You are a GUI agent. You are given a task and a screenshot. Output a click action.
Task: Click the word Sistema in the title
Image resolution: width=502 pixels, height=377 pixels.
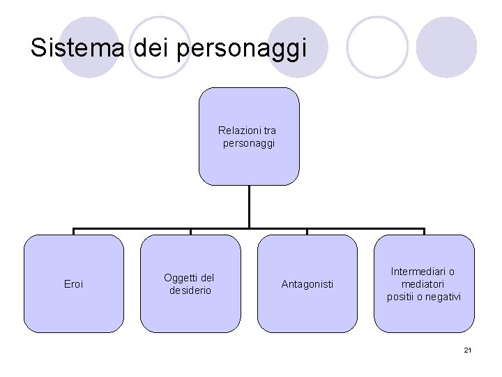coord(68,47)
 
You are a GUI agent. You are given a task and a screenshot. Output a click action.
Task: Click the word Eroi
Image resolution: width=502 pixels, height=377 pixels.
coord(73,284)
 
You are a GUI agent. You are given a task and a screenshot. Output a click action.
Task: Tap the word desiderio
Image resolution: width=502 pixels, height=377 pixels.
coord(190,290)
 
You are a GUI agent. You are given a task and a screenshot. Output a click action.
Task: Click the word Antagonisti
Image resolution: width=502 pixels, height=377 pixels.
coord(307,284)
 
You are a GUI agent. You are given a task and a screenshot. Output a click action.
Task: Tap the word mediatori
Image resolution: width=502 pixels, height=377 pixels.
coord(423,284)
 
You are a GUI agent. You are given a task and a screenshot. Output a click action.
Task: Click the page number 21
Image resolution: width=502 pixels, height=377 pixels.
coord(467,350)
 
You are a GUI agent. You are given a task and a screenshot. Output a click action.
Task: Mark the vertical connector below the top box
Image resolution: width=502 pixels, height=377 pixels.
coord(249,207)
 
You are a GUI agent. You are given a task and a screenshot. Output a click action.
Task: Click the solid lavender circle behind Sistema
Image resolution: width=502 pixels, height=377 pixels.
coord(89,47)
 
